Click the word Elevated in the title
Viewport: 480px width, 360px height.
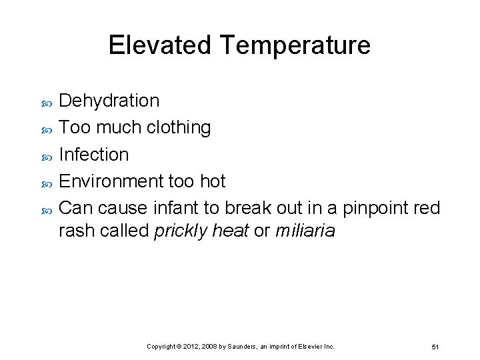(x=159, y=45)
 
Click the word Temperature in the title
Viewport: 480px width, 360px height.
(x=295, y=45)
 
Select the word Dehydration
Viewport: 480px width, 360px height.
(x=109, y=101)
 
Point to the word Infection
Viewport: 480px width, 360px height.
(x=94, y=154)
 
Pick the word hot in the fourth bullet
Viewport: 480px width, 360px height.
(x=213, y=181)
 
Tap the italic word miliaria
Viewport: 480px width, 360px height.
(x=305, y=231)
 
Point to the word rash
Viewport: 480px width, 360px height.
(x=75, y=231)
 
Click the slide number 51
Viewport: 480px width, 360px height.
(x=435, y=347)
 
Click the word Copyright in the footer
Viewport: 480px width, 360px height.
(x=161, y=347)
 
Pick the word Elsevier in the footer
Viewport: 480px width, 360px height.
(x=304, y=347)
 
